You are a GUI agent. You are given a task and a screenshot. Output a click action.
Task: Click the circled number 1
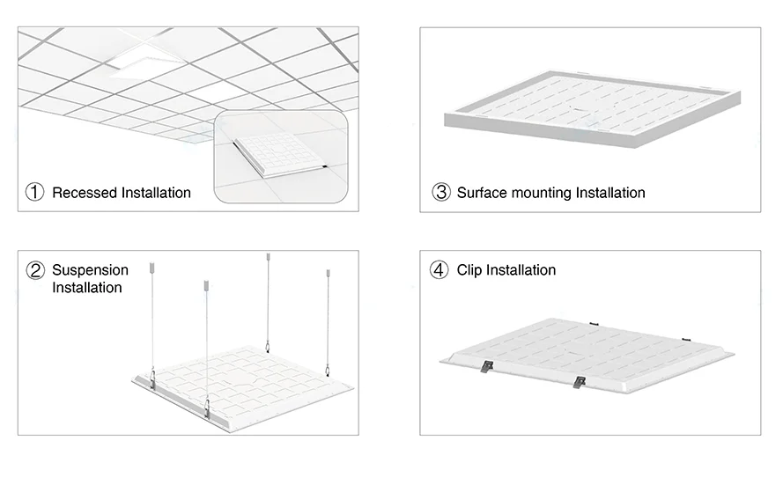(34, 192)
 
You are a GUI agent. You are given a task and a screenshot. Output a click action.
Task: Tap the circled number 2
(35, 270)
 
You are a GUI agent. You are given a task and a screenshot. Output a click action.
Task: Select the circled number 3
(440, 192)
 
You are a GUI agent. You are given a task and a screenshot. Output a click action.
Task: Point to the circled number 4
(439, 270)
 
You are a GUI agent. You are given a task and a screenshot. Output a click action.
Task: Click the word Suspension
(90, 269)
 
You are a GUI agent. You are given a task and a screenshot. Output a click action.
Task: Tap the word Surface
(483, 192)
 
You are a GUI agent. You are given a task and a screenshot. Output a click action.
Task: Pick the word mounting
(543, 192)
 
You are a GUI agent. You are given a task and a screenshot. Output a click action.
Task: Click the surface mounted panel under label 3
(587, 110)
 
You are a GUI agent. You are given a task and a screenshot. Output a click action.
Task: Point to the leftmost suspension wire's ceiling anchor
(151, 263)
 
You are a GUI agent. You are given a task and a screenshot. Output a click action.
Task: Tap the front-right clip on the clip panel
(578, 381)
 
